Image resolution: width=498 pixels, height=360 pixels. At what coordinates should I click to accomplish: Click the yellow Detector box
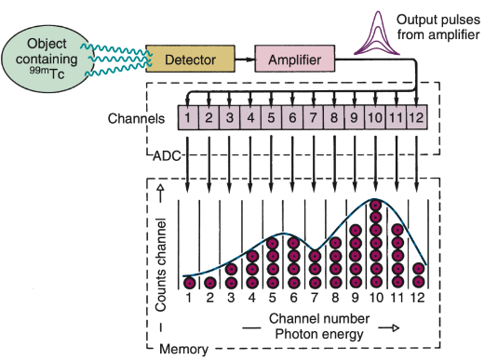190,60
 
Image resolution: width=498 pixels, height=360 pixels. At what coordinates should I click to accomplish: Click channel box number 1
188,118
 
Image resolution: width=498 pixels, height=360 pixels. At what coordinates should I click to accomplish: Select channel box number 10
376,118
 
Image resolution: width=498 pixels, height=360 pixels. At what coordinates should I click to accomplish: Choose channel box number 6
292,118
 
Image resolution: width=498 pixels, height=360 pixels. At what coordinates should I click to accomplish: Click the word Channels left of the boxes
138,118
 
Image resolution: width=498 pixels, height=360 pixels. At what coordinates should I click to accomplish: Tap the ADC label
165,155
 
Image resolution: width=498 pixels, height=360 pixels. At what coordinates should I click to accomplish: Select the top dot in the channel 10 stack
376,206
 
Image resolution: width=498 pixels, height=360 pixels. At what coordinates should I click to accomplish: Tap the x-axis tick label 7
314,299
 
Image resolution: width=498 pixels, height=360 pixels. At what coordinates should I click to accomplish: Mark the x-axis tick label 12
418,299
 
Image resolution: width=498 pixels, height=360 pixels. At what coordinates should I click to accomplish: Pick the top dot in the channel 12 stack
418,269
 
